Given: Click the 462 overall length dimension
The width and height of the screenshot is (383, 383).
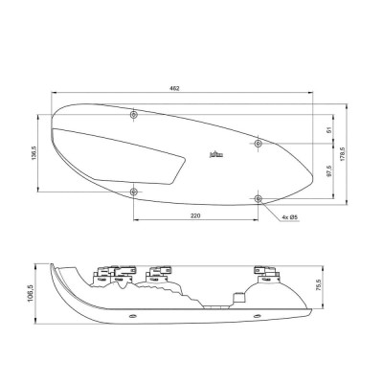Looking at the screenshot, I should point(174,89).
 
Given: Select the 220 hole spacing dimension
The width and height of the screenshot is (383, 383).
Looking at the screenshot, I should point(195,217).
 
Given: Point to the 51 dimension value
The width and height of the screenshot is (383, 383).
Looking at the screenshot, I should point(328,129).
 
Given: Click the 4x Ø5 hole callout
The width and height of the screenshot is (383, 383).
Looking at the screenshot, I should point(290,217).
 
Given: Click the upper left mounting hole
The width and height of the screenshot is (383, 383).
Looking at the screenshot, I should point(133,115).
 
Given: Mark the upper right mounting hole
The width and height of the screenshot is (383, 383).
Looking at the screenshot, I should point(259,144).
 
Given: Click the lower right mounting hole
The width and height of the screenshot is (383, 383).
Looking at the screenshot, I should point(259,197).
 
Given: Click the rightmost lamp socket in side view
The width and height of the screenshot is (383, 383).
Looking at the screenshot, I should point(262,275).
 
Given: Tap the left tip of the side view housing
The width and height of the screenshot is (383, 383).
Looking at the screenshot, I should point(51,264).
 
